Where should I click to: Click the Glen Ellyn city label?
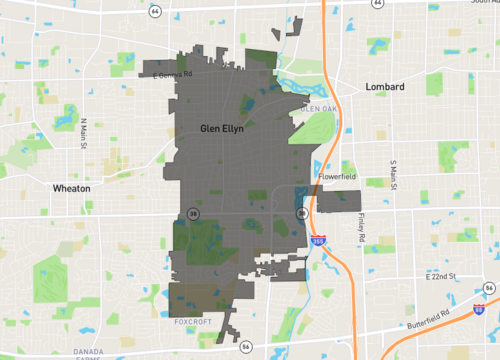(x=222, y=128)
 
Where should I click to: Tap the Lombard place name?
(x=384, y=87)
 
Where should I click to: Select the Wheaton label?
(x=73, y=187)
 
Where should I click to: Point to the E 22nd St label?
(x=439, y=275)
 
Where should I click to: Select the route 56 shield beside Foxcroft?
(x=246, y=345)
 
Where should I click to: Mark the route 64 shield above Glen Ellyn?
(x=156, y=10)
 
